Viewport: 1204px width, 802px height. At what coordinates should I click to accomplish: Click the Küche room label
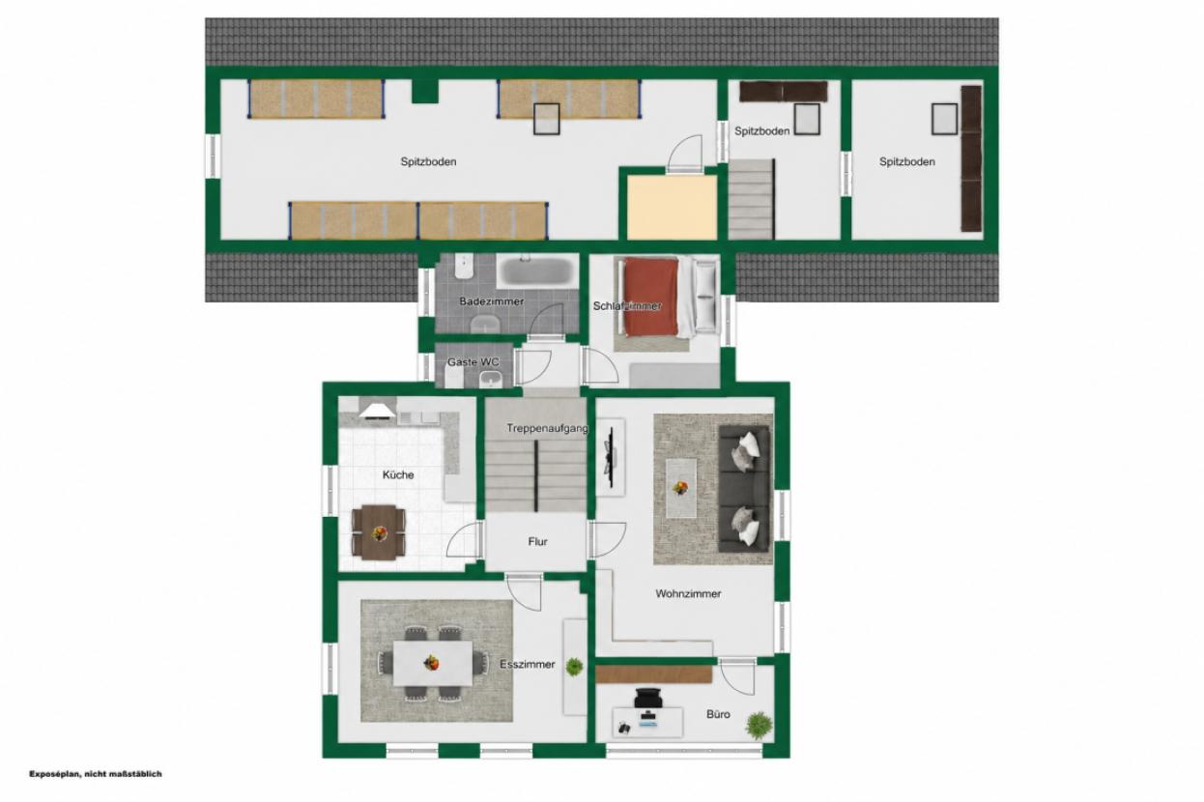point(398,474)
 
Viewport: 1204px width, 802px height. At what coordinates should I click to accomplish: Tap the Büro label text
point(718,714)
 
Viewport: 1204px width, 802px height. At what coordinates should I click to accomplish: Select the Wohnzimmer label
point(688,593)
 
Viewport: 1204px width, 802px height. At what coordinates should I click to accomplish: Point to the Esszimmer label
point(527,664)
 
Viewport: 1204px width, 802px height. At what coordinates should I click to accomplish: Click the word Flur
point(537,541)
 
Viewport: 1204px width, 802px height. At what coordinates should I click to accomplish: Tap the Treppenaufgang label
point(547,428)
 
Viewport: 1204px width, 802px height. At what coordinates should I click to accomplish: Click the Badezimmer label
point(491,301)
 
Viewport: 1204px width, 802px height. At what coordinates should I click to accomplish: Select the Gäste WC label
point(473,361)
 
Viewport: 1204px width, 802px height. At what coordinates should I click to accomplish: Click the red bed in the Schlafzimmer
point(650,297)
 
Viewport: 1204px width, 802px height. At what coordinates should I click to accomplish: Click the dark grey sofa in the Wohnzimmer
point(744,488)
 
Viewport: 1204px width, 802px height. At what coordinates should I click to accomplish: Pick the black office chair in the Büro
point(648,698)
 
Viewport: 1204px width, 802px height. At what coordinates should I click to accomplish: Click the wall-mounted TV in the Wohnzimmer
point(611,457)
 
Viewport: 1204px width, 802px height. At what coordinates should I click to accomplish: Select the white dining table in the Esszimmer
point(433,663)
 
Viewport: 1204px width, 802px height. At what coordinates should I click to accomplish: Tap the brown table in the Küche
point(379,532)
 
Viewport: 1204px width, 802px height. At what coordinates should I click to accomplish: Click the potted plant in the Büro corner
point(759,725)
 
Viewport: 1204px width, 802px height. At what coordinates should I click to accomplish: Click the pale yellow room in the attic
point(672,207)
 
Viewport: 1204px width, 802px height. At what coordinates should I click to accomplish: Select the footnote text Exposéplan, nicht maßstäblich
point(95,774)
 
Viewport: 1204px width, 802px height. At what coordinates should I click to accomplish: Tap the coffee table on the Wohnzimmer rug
point(681,488)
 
